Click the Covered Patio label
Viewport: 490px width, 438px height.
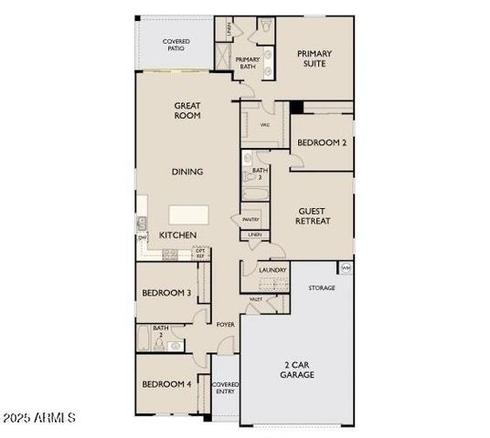click(x=176, y=45)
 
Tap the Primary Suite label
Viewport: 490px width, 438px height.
click(x=314, y=58)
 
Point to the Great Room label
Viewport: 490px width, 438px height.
click(x=187, y=111)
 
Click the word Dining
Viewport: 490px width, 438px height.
click(x=187, y=172)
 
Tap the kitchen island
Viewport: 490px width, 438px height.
click(x=188, y=215)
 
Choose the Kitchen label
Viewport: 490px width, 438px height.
click(x=178, y=235)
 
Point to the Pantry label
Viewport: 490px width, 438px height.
click(x=250, y=220)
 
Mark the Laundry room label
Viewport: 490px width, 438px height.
click(x=272, y=270)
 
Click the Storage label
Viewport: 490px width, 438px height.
click(x=321, y=288)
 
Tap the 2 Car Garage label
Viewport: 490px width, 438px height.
click(x=297, y=370)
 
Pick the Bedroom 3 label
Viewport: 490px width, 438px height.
click(x=166, y=293)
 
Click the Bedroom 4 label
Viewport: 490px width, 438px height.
click(x=166, y=384)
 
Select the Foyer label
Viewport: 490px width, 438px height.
click(x=225, y=325)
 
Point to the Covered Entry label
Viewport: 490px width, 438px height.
click(x=225, y=388)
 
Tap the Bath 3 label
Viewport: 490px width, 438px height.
click(x=260, y=173)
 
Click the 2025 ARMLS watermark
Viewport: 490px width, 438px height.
click(x=38, y=418)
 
